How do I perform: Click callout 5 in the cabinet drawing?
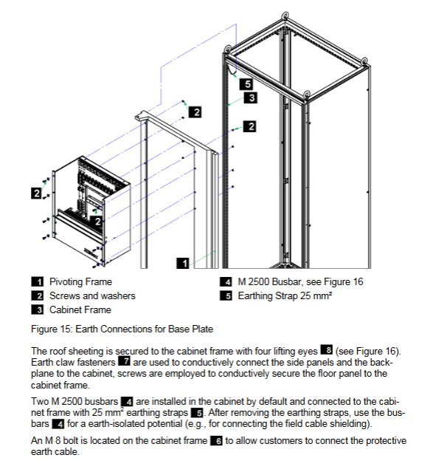[246, 83]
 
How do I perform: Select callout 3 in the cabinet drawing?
[251, 98]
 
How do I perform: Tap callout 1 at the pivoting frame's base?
[183, 263]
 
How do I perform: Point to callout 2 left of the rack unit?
[37, 193]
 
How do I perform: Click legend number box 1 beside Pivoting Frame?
[38, 281]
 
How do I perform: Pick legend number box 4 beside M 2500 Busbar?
[226, 281]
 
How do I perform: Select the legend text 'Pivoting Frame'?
[80, 281]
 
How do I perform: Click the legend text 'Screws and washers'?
[92, 295]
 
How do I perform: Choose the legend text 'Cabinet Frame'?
[80, 309]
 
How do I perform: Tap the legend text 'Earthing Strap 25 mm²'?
[285, 295]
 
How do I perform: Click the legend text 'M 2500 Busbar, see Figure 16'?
[300, 281]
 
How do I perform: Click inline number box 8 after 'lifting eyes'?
[327, 350]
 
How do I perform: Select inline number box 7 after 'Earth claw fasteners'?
[124, 361]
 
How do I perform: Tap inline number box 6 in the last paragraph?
[216, 441]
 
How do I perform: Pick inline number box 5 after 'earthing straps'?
[197, 412]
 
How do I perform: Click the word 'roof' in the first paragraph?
[57, 352]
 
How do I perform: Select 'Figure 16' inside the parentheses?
[377, 352]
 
